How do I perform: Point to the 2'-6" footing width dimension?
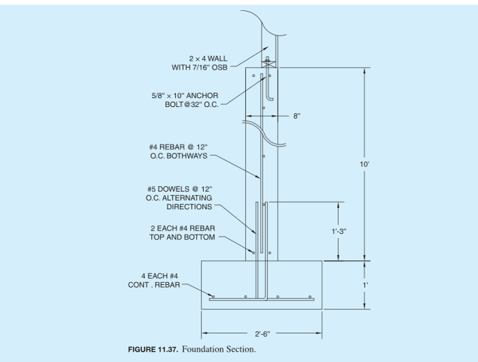[261, 334]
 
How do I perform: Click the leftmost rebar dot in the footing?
[213, 297]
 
